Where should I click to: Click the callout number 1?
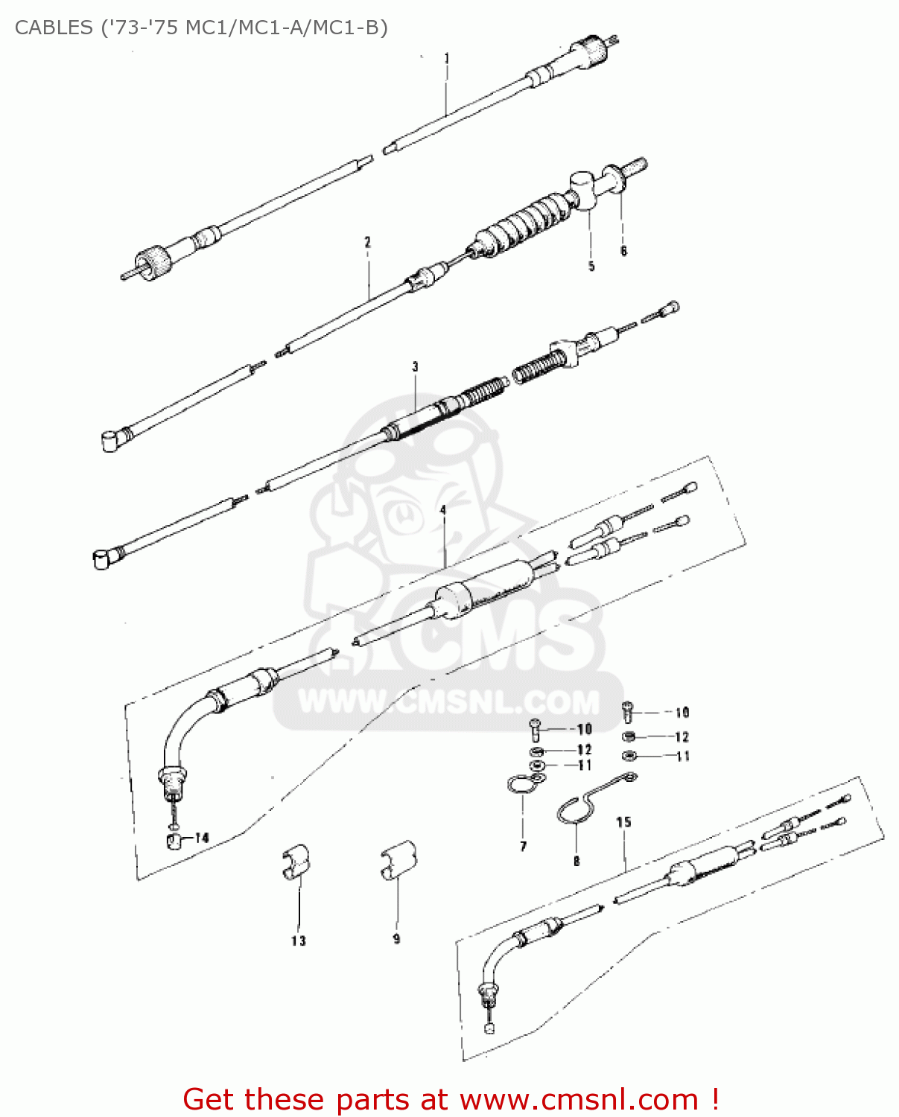point(446,58)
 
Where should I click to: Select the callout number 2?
point(367,242)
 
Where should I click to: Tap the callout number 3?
point(415,366)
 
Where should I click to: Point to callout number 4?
point(443,510)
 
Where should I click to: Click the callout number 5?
point(591,266)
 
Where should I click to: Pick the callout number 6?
point(623,251)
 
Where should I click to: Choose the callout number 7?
point(523,846)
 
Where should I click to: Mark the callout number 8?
point(576,861)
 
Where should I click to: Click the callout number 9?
point(396,939)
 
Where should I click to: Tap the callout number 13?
point(298,941)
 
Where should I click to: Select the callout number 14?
point(202,838)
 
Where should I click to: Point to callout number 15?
point(623,822)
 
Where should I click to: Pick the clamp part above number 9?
point(398,860)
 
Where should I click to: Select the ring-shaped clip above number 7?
point(521,784)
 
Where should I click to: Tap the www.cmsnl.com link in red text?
point(579,1099)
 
